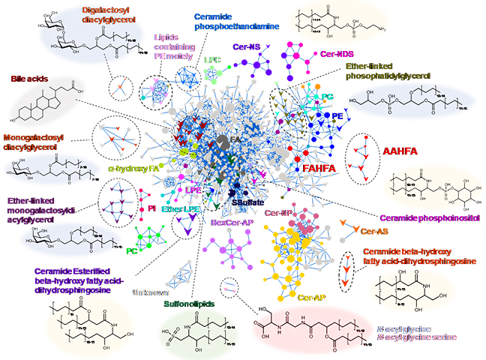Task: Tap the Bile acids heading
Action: pyautogui.click(x=29, y=78)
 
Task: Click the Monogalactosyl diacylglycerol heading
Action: pyautogui.click(x=36, y=142)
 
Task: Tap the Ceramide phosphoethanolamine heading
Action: pyautogui.click(x=228, y=20)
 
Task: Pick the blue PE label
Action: pyautogui.click(x=337, y=117)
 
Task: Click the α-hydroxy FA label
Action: pyautogui.click(x=138, y=169)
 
